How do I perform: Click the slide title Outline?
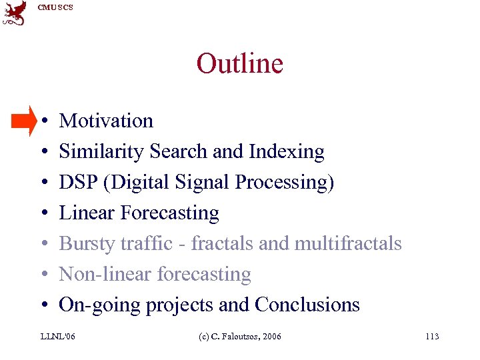[239, 64]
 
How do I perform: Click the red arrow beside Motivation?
[24, 121]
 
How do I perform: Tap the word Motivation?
[106, 121]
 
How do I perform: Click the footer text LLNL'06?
[58, 337]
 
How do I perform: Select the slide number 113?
[431, 337]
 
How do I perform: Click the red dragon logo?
[15, 13]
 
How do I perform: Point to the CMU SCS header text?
[55, 7]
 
